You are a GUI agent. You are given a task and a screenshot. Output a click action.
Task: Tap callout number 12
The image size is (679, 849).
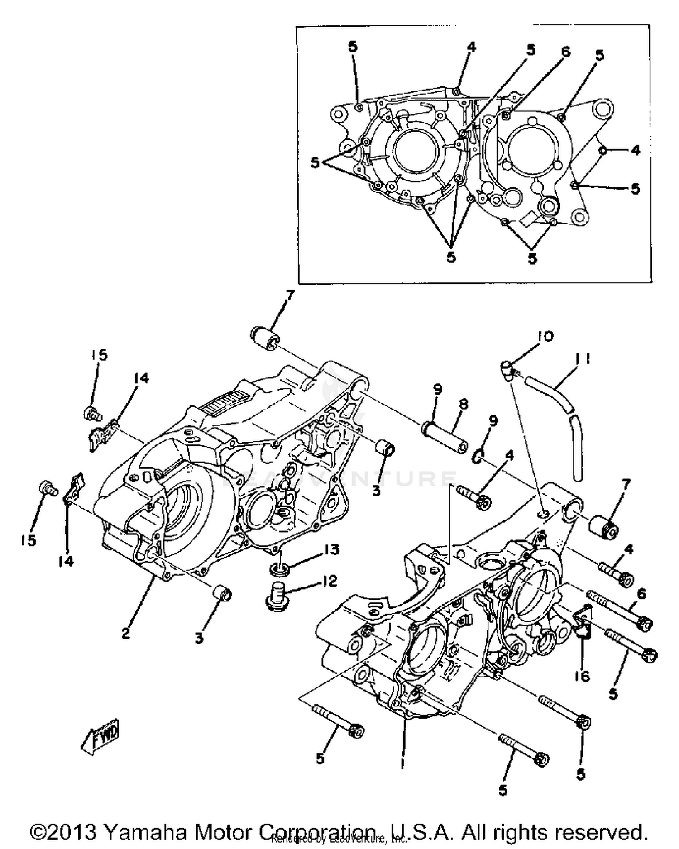[330, 581]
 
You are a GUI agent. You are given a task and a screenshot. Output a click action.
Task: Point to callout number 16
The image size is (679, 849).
[583, 676]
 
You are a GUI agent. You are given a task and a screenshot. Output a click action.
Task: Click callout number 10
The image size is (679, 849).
[545, 337]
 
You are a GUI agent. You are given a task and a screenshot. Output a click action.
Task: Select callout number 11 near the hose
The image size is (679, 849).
[583, 359]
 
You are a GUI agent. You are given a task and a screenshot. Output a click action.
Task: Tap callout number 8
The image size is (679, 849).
[464, 404]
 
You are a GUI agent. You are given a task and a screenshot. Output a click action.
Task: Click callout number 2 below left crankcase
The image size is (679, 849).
[126, 633]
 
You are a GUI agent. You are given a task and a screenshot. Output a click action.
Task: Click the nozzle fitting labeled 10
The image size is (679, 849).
[508, 368]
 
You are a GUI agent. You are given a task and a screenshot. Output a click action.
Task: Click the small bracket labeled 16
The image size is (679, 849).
[582, 624]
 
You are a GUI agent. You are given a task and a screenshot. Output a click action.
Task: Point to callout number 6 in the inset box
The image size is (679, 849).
[565, 52]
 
